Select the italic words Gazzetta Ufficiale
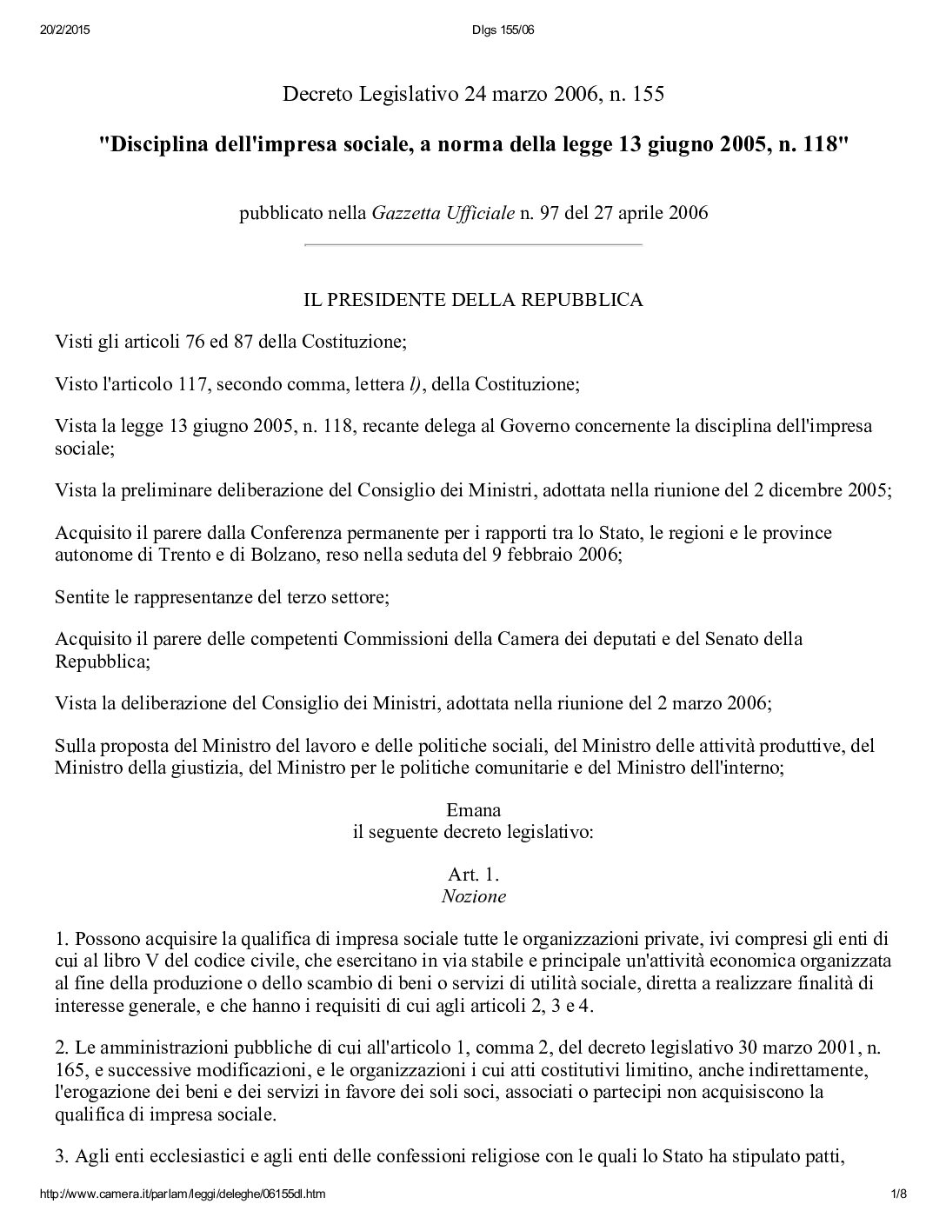pyautogui.click(x=443, y=213)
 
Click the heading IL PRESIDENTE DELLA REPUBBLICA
pyautogui.click(x=473, y=301)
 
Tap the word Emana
pyautogui.click(x=473, y=810)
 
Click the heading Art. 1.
pyautogui.click(x=473, y=875)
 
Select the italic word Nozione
pyautogui.click(x=473, y=895)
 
